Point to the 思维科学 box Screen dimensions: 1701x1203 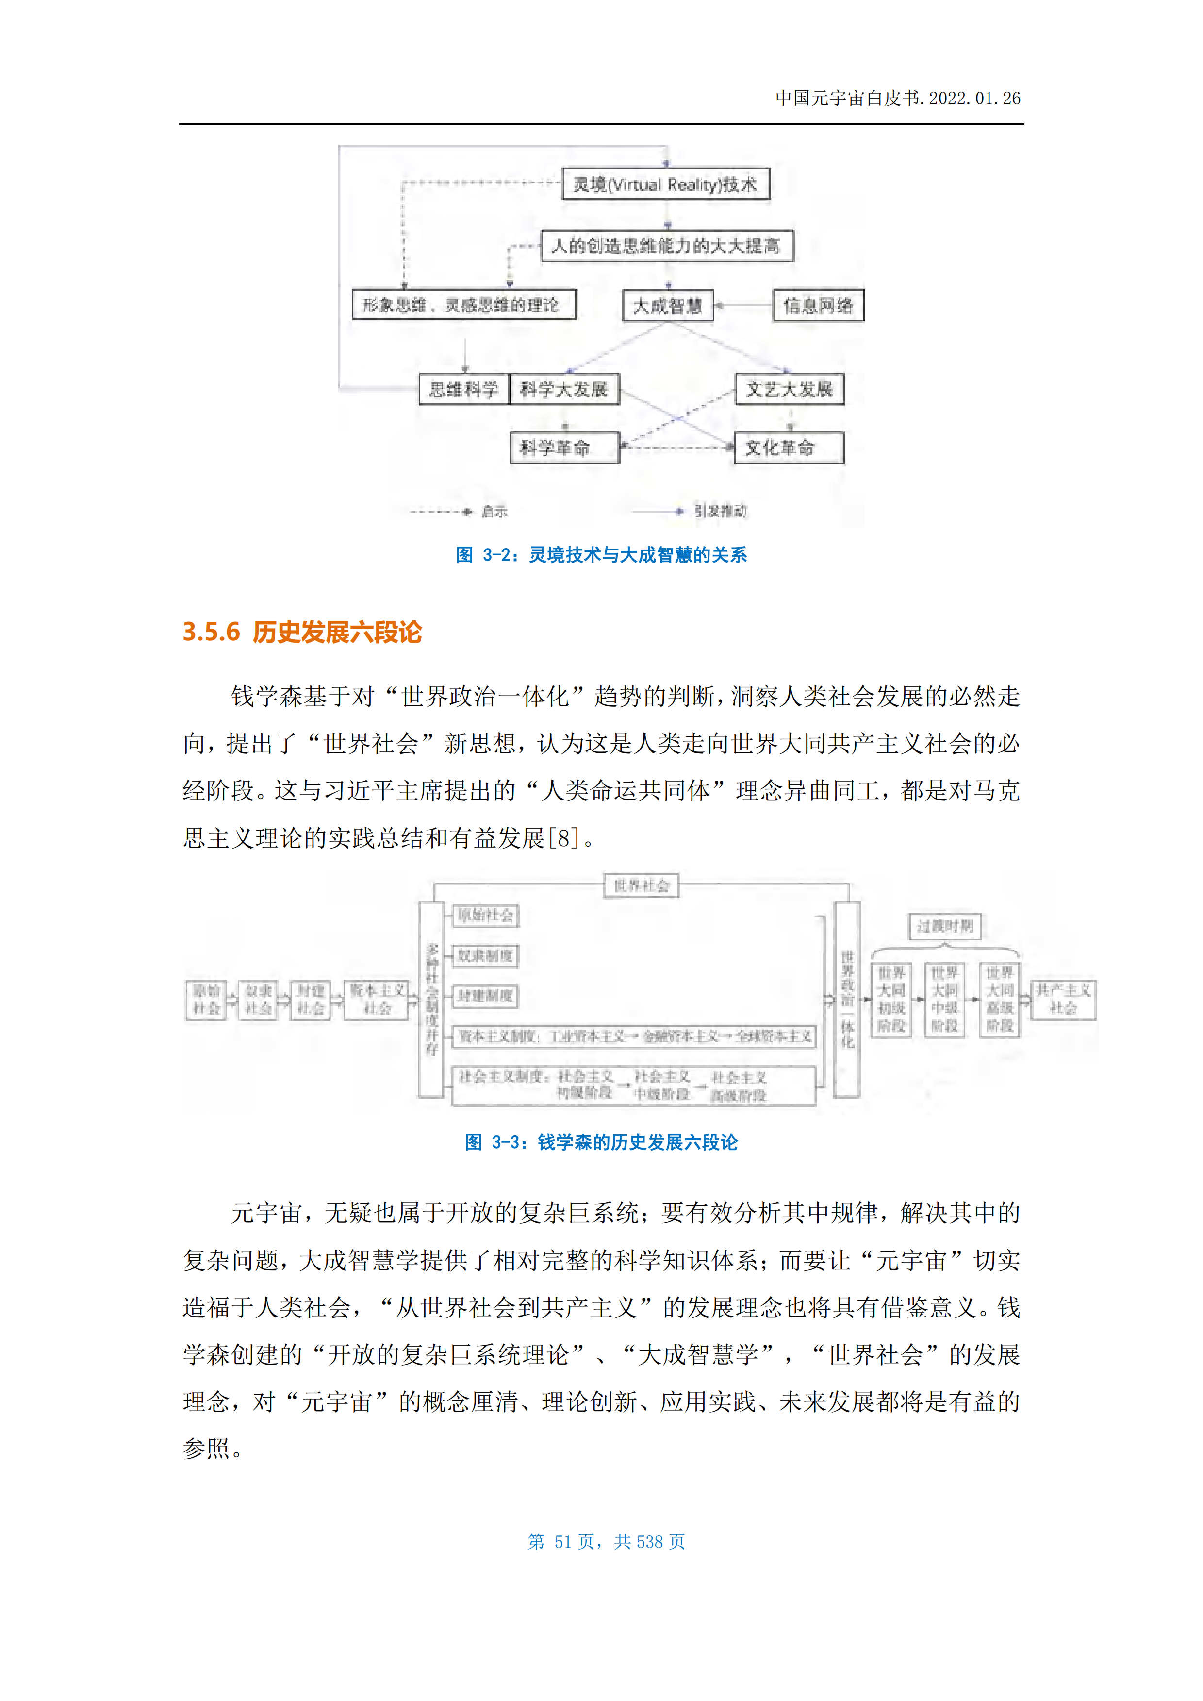(464, 389)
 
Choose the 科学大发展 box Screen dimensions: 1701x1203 (564, 389)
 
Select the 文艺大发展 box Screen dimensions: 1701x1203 (790, 389)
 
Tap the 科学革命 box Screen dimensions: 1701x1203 (564, 448)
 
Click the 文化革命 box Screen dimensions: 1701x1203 (789, 448)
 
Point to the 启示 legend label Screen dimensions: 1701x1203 (494, 511)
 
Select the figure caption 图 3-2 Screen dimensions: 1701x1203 (601, 555)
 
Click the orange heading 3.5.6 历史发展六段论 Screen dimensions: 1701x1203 (302, 632)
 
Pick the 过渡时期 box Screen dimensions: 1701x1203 (944, 926)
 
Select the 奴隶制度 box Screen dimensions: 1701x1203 (485, 956)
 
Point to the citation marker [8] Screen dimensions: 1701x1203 (563, 838)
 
